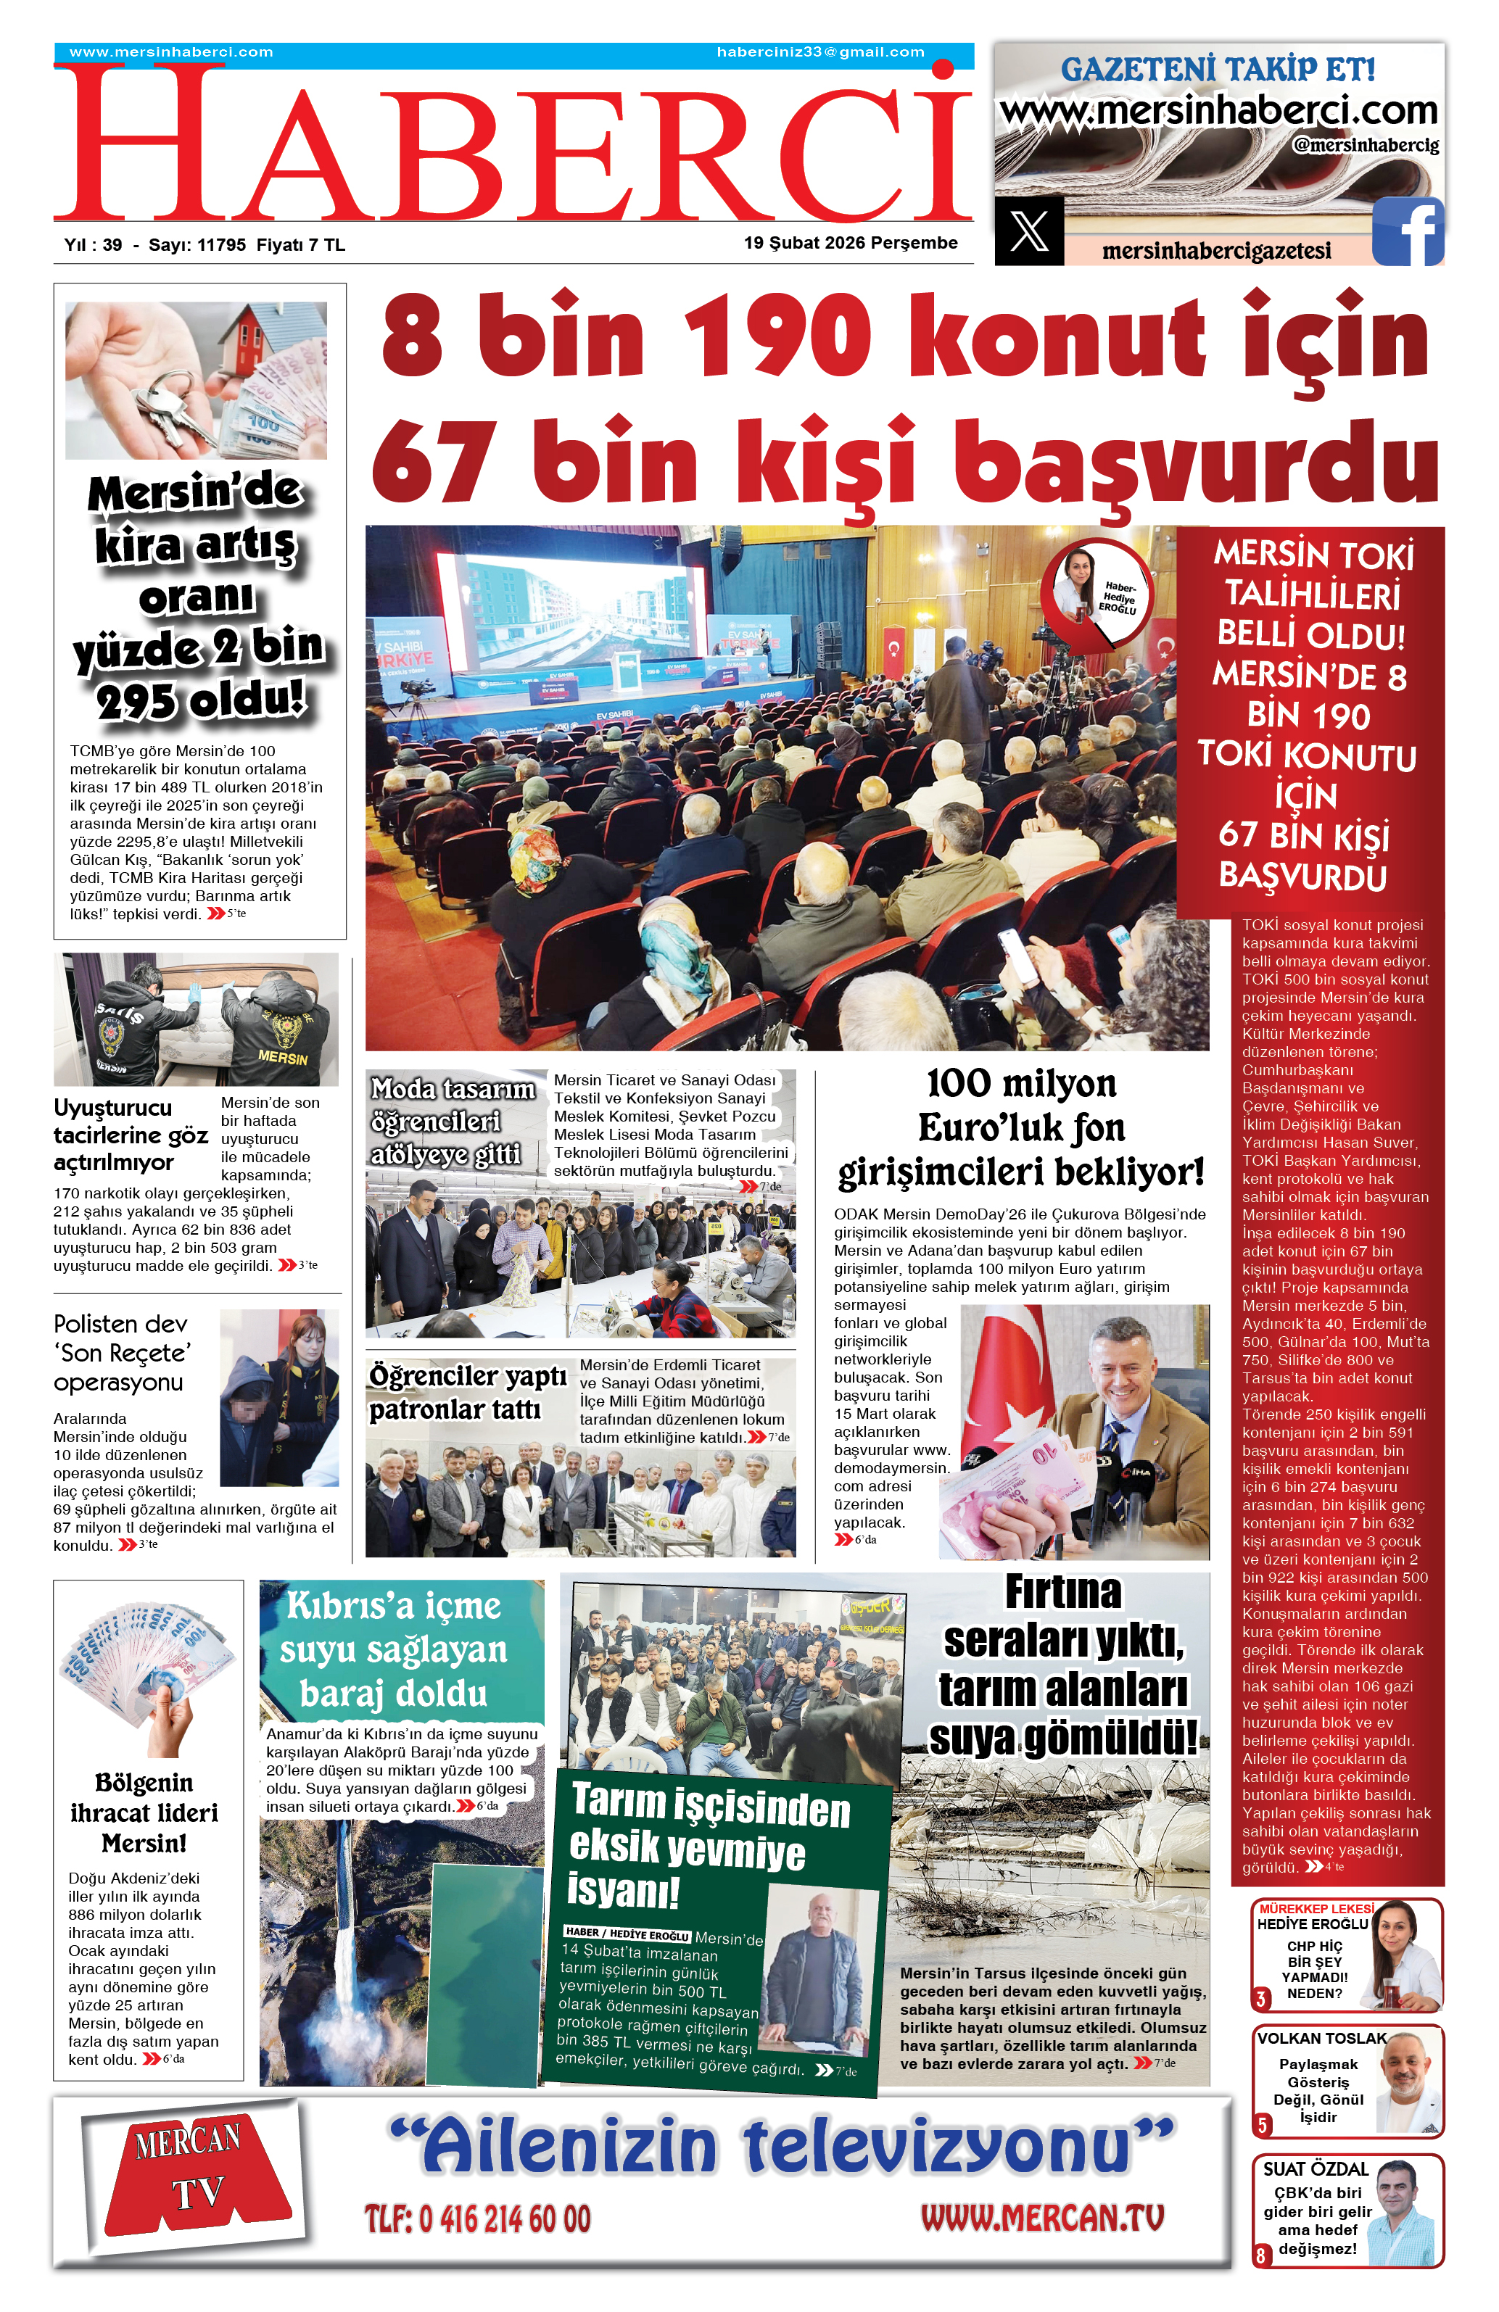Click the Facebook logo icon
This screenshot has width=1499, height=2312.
tap(1408, 231)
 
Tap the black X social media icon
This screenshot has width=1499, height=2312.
tap(1029, 231)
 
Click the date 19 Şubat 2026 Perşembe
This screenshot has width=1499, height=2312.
tap(850, 243)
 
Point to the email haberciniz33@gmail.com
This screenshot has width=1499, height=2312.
tap(820, 52)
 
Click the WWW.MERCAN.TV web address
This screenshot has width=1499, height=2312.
tap(1041, 2218)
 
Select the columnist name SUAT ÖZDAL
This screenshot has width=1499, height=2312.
tap(1314, 2168)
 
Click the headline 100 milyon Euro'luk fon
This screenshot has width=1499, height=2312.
tap(1021, 1128)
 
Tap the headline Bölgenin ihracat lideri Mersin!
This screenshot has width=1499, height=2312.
tap(144, 1812)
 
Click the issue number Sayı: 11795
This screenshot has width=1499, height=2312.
tap(197, 245)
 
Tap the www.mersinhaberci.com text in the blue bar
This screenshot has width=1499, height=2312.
tap(171, 52)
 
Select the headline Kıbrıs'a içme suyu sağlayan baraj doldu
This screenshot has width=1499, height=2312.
tap(394, 1649)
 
